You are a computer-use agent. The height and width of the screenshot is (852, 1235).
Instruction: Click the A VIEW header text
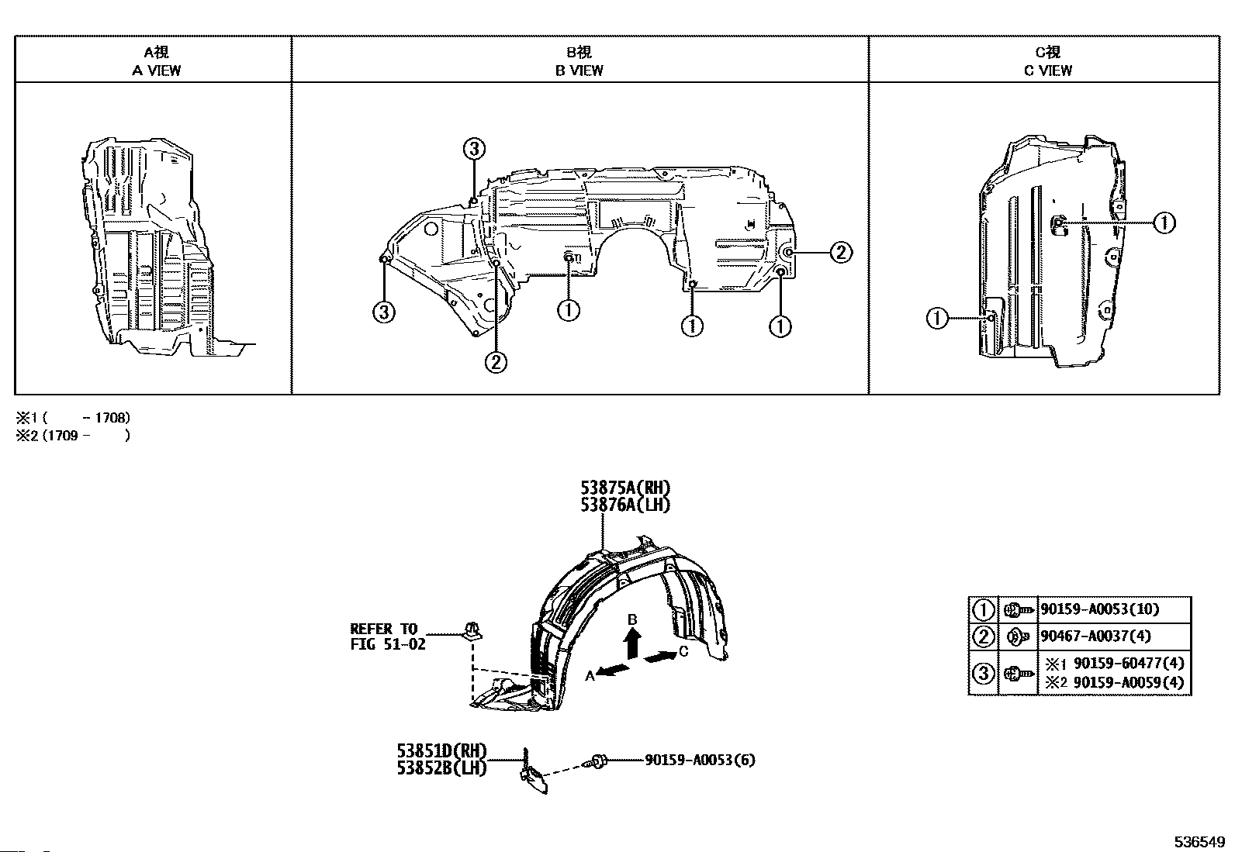157,70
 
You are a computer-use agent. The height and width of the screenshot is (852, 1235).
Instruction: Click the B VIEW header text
579,70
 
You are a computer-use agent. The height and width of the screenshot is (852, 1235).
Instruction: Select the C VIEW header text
1047,70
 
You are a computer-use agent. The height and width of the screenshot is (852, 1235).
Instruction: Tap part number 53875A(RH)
625,488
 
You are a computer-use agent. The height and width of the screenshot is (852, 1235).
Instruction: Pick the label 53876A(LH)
625,505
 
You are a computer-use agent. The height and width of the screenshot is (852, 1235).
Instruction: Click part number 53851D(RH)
441,750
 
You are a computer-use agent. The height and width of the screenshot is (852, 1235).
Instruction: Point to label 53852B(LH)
441,767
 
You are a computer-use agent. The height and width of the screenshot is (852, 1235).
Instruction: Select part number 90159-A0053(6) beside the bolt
699,760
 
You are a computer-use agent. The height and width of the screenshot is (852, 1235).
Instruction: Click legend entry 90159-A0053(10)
1099,609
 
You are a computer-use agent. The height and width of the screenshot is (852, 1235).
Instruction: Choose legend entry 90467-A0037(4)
1095,636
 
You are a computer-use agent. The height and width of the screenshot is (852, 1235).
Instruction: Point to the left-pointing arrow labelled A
613,670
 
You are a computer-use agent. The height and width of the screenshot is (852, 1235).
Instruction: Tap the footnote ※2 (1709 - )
73,436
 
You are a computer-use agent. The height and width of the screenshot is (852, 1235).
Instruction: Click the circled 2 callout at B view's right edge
841,252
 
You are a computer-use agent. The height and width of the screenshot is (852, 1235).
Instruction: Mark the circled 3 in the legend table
983,673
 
